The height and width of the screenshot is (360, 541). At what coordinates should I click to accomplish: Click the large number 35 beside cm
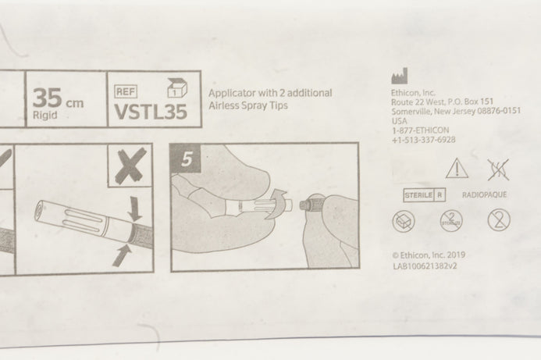(48, 98)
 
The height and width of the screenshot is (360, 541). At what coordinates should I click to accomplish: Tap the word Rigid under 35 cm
(44, 115)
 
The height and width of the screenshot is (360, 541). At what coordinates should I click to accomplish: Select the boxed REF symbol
(126, 91)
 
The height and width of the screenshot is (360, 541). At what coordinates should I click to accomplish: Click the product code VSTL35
(151, 112)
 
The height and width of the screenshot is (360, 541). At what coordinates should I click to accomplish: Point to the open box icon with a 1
(177, 87)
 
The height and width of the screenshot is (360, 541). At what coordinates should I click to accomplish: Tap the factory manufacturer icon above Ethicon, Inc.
(399, 76)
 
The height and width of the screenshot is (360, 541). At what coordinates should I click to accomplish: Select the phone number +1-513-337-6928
(423, 140)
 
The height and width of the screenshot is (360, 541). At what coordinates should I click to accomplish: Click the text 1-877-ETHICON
(420, 130)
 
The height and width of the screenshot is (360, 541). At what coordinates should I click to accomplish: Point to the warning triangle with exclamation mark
(457, 169)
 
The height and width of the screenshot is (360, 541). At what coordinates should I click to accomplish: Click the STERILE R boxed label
(424, 195)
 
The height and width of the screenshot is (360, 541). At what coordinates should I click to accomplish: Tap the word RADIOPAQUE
(484, 194)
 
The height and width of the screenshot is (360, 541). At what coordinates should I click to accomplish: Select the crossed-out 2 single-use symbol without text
(499, 220)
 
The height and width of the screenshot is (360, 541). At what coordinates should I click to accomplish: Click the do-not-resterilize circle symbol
(451, 220)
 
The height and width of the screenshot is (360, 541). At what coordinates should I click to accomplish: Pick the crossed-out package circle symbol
(404, 221)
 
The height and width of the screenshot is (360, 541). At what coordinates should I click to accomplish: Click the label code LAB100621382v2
(425, 266)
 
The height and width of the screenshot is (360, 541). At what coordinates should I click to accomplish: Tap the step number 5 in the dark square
(186, 159)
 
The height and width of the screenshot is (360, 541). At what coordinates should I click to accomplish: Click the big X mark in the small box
(130, 166)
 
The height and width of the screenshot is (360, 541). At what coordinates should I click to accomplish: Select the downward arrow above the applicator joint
(134, 209)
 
